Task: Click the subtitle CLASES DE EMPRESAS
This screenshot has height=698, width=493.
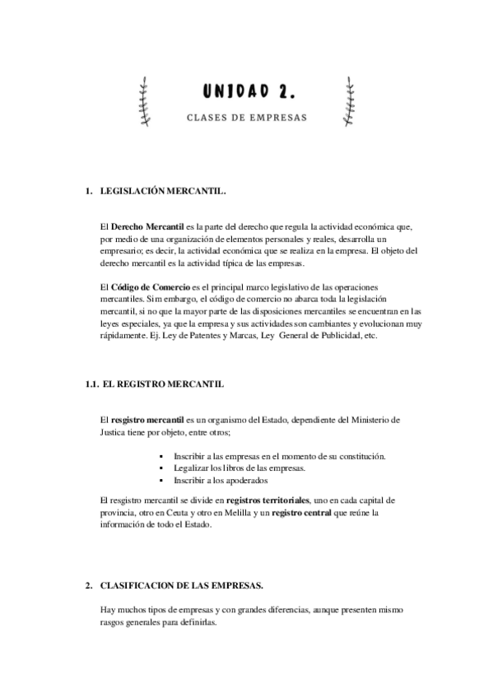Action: point(246,117)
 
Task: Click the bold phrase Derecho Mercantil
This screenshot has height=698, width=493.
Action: point(142,226)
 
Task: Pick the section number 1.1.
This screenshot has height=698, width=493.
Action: point(92,384)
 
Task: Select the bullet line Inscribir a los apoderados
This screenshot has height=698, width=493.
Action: point(221,480)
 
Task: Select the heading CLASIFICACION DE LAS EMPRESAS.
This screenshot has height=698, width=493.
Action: point(181,585)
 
